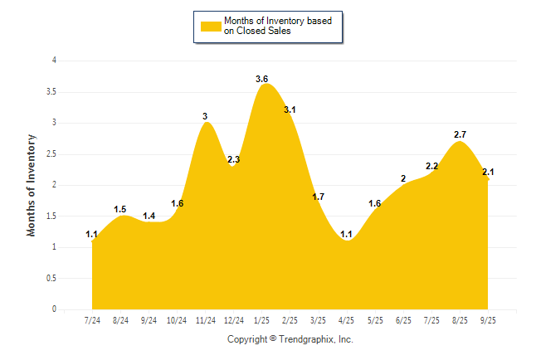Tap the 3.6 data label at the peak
(262, 79)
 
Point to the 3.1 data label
(290, 109)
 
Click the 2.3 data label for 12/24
(234, 159)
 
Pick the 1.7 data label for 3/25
(319, 197)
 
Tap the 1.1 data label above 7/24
(92, 235)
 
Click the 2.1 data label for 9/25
(488, 172)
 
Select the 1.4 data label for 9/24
(149, 216)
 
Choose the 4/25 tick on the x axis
(347, 320)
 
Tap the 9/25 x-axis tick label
(488, 320)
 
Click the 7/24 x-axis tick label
(93, 320)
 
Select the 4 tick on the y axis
(54, 61)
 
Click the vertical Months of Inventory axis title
(32, 185)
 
